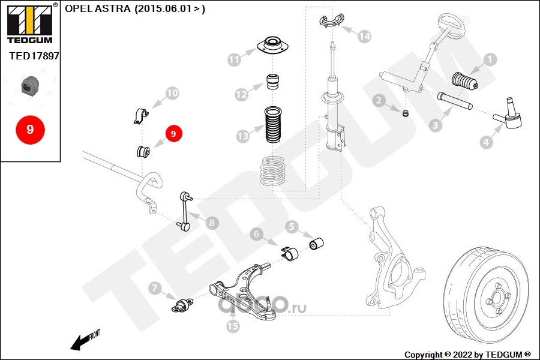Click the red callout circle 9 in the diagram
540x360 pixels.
click(x=173, y=134)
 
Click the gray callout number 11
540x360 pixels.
click(x=234, y=59)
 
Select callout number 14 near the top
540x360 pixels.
click(x=364, y=37)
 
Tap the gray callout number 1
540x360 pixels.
click(x=490, y=59)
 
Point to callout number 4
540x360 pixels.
click(x=486, y=142)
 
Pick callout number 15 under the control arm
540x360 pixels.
click(x=233, y=326)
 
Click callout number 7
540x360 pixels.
click(x=154, y=289)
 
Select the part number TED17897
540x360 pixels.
click(x=34, y=55)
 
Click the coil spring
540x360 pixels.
click(x=276, y=170)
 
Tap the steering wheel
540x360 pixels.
click(x=451, y=25)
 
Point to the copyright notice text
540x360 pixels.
click(x=467, y=355)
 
